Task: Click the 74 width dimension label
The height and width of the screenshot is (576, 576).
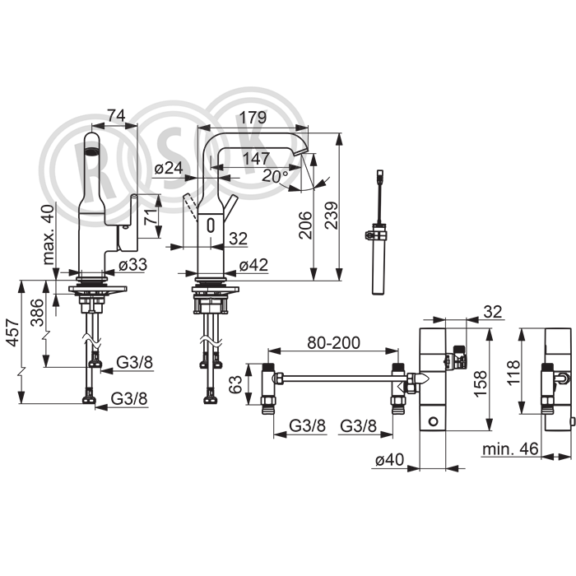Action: click(x=117, y=115)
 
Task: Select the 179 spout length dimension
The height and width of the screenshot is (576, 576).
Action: click(x=253, y=118)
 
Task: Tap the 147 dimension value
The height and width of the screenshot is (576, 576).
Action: click(x=257, y=158)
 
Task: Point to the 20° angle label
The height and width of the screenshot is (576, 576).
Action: click(x=276, y=176)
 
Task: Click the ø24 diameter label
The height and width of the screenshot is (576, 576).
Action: click(x=169, y=168)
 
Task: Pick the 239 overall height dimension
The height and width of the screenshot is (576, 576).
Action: click(x=332, y=216)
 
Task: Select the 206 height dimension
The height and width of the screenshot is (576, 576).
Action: click(x=305, y=225)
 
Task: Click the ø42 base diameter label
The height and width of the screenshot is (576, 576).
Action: click(x=253, y=264)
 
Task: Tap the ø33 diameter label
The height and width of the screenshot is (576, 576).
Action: click(x=132, y=264)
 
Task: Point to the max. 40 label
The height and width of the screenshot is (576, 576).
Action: click(x=48, y=235)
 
